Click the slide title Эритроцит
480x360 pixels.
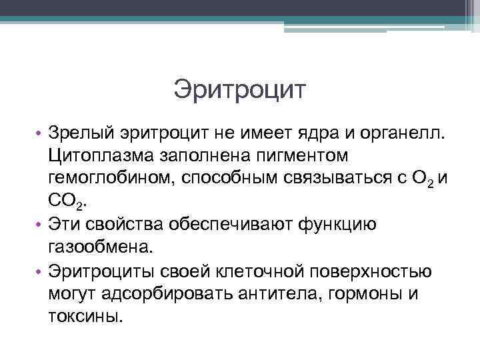pos(239,89)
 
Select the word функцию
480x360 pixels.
pos(337,225)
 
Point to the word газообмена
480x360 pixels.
pos(100,247)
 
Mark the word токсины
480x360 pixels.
pos(85,315)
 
